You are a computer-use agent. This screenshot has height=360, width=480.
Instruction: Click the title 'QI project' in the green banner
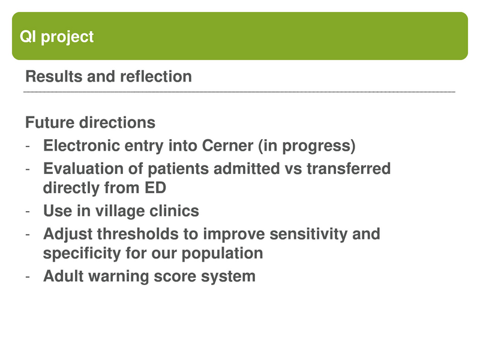[x=57, y=37]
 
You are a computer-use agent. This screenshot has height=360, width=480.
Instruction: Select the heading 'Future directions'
[x=90, y=123]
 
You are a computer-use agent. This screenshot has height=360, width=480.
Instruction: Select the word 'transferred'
[x=349, y=169]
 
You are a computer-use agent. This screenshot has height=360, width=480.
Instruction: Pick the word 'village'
[x=120, y=211]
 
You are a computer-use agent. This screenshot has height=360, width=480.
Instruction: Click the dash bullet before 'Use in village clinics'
[x=28, y=212]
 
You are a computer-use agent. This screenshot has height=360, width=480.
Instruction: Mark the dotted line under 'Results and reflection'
[x=240, y=92]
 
